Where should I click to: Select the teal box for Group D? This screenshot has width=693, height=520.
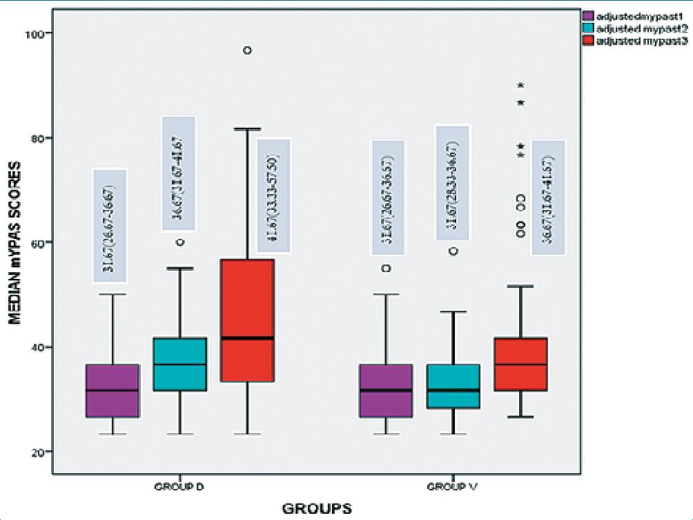point(179,365)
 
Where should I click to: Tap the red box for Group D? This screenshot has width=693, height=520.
point(247,320)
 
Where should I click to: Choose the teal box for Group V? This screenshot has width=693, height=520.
point(453,386)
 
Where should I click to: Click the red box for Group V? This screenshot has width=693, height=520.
point(521,365)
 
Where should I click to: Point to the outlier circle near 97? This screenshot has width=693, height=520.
point(246,50)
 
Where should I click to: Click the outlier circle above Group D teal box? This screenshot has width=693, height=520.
point(180,242)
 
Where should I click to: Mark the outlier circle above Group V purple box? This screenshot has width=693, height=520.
point(387,268)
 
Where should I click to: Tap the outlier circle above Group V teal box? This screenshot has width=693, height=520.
point(453,251)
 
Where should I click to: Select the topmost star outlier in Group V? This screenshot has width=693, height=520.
point(521,86)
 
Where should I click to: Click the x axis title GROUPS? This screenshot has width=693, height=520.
point(316,509)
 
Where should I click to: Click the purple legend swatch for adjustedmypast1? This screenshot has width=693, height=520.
point(588,15)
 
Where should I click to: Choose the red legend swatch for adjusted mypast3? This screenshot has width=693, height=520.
point(588,41)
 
